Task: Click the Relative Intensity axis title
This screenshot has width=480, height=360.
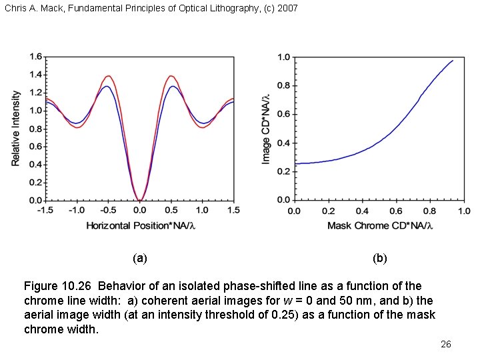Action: pos(16,128)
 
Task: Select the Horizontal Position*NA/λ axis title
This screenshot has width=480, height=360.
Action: pos(139,225)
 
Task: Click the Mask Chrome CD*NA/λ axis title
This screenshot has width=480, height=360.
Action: pos(380,225)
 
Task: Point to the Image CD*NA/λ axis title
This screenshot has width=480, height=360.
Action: pos(267,128)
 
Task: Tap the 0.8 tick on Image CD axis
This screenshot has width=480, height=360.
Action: pos(284,86)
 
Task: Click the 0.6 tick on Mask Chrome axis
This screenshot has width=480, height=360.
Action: pos(396,211)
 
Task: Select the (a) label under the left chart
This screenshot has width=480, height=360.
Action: pos(139,258)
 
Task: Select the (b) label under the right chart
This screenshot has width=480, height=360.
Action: pos(380,258)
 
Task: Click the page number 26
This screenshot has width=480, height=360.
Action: pos(446,344)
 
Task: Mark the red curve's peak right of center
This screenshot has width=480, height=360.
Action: pos(171,75)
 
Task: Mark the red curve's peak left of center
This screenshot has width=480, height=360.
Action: pos(107,75)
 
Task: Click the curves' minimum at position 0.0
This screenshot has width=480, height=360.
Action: pos(139,199)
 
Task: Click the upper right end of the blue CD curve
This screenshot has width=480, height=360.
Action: pos(453,61)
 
